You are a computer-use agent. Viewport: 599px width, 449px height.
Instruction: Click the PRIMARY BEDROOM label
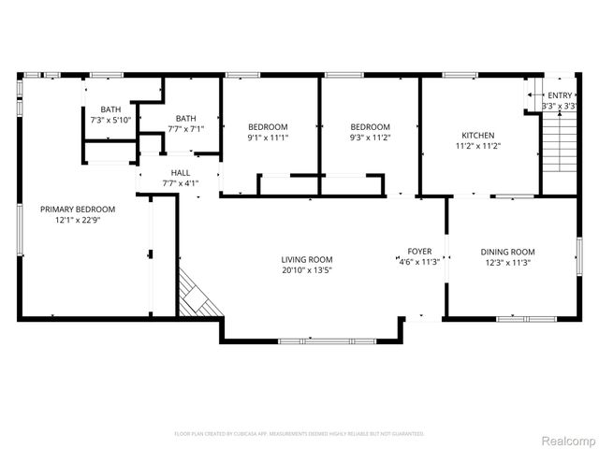click(77, 210)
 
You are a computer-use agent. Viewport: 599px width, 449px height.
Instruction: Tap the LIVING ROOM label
click(307, 260)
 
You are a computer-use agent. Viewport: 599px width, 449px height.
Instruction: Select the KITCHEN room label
click(477, 135)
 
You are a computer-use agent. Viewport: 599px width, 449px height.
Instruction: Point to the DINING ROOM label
click(507, 252)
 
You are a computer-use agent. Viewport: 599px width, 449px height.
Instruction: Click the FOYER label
click(418, 252)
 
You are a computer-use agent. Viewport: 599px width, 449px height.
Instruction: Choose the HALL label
click(181, 173)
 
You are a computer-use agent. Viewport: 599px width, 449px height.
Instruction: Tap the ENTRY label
click(560, 95)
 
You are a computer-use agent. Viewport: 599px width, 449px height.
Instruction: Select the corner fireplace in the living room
click(198, 297)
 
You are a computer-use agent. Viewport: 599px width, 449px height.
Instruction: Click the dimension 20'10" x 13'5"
click(307, 270)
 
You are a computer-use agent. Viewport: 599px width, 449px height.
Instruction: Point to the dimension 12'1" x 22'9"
click(77, 220)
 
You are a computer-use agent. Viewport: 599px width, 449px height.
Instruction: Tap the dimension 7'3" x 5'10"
click(110, 120)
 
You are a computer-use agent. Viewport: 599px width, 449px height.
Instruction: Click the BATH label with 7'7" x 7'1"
click(186, 118)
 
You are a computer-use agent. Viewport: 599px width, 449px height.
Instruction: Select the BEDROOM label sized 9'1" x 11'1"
click(268, 127)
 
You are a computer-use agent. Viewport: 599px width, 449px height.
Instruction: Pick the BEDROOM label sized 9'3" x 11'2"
click(370, 127)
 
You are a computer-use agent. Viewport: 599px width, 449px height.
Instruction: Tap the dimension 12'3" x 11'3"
click(507, 262)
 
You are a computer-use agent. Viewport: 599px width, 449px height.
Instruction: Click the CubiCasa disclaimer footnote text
click(299, 434)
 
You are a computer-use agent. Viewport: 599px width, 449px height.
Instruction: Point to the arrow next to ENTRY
click(534, 95)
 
